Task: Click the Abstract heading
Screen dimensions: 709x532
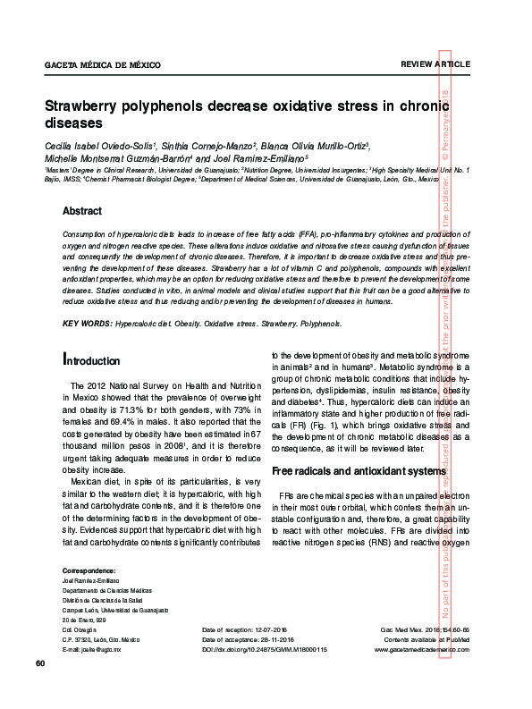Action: click(x=81, y=212)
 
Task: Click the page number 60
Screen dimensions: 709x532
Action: click(x=40, y=664)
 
